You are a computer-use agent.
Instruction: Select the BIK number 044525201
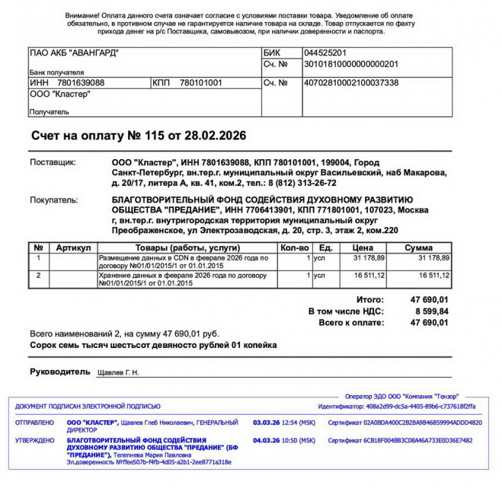click(325, 53)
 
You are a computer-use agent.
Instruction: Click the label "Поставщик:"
click(53, 163)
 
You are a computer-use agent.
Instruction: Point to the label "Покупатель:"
click(53, 201)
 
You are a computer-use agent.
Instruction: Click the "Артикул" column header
click(73, 248)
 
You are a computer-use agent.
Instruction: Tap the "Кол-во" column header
click(294, 248)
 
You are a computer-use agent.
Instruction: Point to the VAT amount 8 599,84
click(429, 311)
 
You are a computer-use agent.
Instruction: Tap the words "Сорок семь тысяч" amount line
click(69, 345)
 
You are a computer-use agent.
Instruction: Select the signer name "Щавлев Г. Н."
click(119, 373)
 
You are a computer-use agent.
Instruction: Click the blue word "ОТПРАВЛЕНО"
click(34, 423)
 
